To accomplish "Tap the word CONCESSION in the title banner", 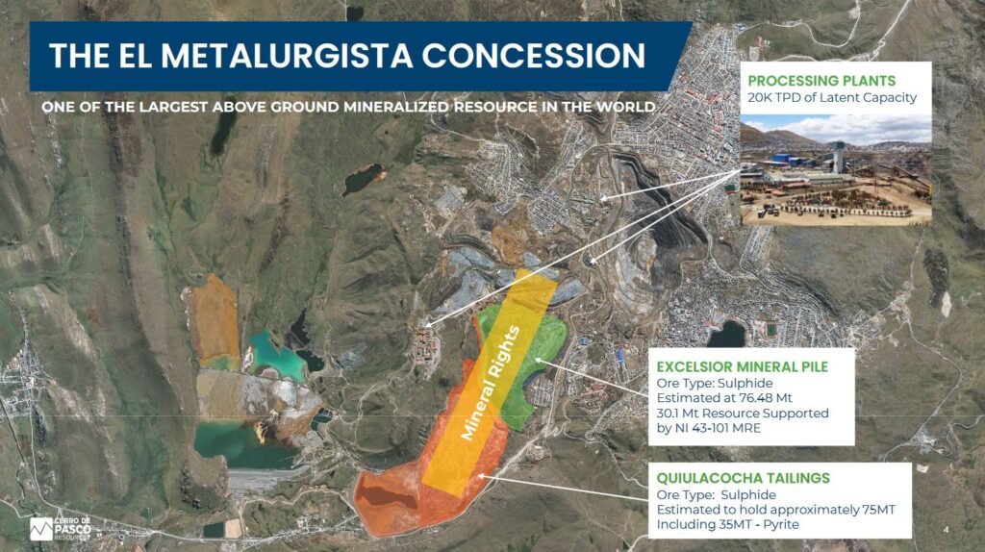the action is click(533, 56).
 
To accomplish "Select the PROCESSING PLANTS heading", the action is click(821, 81).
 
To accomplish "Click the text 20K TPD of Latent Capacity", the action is click(832, 97).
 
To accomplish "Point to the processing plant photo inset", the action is click(836, 169).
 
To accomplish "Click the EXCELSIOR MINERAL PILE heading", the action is click(743, 366).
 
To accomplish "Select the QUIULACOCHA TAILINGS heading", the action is click(744, 478).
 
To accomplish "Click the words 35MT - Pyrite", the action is click(759, 524).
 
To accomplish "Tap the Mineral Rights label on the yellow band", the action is click(491, 383).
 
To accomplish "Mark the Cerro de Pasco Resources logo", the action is click(61, 529).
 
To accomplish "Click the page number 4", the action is click(947, 530).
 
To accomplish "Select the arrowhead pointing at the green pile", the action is click(539, 361).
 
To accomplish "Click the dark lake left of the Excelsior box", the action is click(727, 334).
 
